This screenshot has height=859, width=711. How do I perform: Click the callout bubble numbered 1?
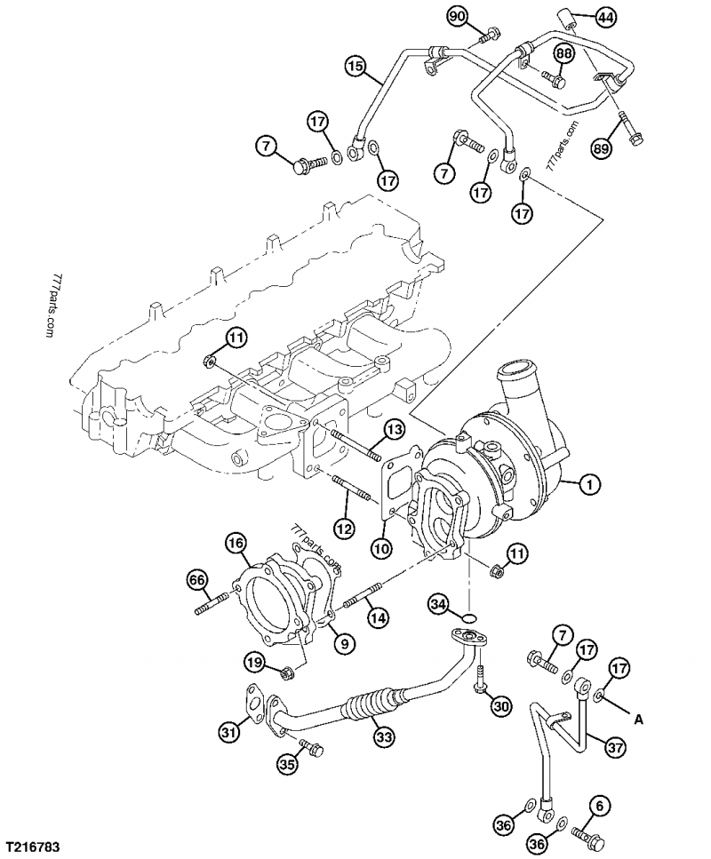coord(587,485)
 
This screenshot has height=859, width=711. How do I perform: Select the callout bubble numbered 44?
coord(603,16)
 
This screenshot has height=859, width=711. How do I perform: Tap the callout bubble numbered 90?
coord(457,16)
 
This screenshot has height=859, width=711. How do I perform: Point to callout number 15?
coord(355,67)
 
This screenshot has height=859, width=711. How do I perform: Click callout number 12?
coord(345,528)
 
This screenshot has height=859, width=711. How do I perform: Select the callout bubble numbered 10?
coord(381,550)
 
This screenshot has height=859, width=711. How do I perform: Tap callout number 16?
coord(236,542)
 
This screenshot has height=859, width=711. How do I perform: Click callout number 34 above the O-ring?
coord(437,604)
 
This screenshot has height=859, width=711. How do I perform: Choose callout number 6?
coord(602,806)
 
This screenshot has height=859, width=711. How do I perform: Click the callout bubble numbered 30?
coord(502,706)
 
